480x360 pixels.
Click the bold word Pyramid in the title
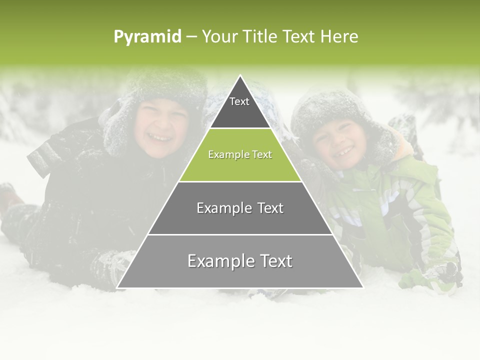click(x=147, y=36)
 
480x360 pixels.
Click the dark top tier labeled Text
click(x=239, y=107)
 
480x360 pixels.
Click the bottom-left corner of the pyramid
click(x=117, y=287)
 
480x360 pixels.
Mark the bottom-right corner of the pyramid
click(x=362, y=287)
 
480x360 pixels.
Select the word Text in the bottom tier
click(x=272, y=261)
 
